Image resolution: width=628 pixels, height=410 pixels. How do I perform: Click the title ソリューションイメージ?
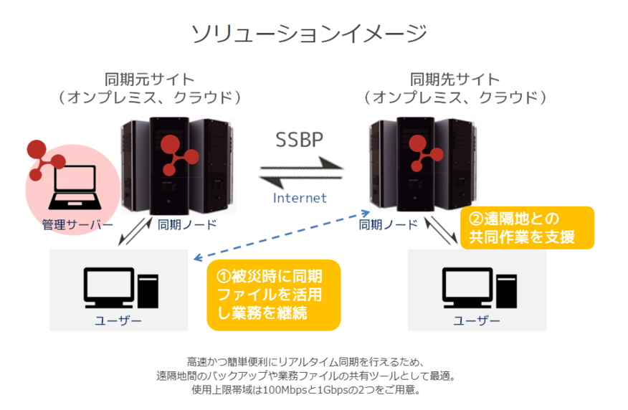point(309,33)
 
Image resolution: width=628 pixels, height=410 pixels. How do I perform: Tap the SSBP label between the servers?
point(300,140)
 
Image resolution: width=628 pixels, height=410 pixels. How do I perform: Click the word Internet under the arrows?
point(300,198)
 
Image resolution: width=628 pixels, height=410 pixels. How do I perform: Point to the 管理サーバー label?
point(77,225)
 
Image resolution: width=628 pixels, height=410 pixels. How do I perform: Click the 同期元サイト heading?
point(150,79)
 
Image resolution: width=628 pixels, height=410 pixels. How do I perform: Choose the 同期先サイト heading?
point(455,79)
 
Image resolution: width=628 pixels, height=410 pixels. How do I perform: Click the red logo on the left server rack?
point(174,154)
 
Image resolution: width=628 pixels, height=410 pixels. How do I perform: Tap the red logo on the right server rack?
point(423,152)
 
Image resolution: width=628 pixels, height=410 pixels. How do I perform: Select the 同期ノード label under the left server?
point(187,225)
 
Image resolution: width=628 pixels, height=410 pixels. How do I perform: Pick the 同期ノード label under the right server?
point(388,225)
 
